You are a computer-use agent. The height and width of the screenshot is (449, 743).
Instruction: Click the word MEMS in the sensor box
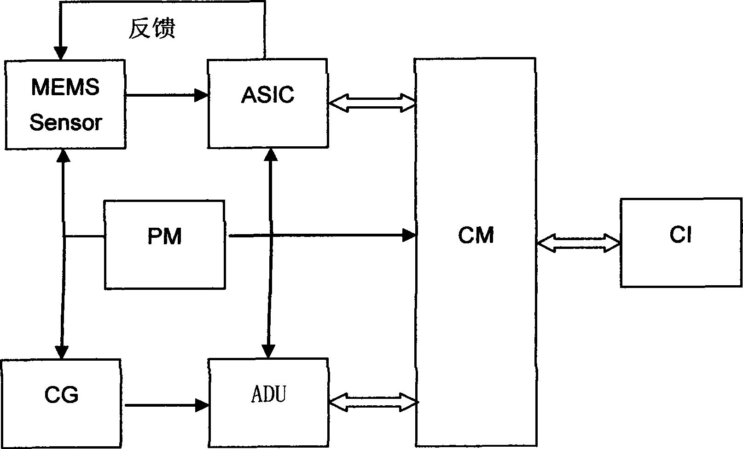(x=65, y=87)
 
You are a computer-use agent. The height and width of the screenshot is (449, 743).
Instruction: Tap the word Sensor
(x=65, y=122)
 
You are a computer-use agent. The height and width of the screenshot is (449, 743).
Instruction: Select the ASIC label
(x=267, y=95)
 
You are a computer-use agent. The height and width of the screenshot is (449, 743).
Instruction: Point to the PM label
(x=164, y=236)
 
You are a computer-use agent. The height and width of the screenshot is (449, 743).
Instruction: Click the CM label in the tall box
(x=476, y=236)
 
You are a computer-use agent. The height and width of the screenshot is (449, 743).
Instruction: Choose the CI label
(x=680, y=235)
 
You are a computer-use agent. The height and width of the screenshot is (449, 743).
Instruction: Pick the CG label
(x=61, y=395)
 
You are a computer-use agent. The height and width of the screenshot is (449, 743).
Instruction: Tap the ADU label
(x=268, y=395)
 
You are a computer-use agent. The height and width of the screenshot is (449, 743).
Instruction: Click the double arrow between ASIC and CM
(x=372, y=103)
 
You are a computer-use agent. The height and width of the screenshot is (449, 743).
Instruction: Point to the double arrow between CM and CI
(x=578, y=243)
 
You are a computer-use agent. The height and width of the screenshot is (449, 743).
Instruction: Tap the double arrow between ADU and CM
(x=373, y=402)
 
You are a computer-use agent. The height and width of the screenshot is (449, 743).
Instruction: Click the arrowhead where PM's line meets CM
(x=409, y=235)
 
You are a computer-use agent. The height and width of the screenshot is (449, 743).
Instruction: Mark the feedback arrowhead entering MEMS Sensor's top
(x=60, y=53)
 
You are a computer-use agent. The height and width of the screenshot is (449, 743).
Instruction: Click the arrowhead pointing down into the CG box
(x=61, y=352)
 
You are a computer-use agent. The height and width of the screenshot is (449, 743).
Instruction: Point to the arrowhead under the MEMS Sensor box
(x=63, y=155)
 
